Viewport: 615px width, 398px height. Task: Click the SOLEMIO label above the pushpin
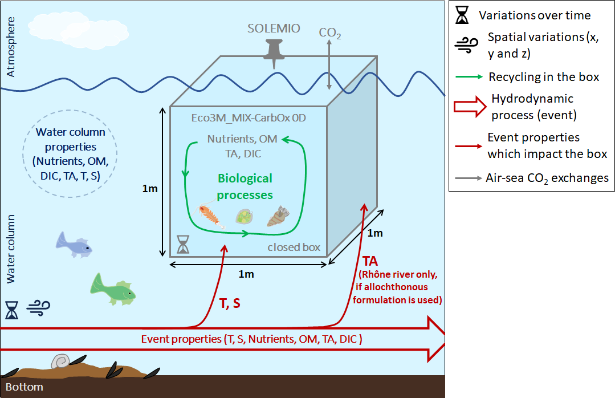click(274, 29)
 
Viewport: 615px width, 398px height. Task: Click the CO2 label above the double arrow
click(330, 33)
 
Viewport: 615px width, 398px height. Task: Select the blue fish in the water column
click(74, 243)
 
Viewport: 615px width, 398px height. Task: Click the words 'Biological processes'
click(245, 186)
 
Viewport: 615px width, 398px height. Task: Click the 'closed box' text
click(294, 247)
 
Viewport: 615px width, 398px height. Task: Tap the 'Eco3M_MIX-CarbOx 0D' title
click(248, 118)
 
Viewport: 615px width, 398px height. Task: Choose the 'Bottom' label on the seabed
click(25, 387)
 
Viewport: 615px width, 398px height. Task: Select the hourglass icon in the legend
click(463, 15)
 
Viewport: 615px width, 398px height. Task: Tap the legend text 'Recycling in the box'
click(544, 76)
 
